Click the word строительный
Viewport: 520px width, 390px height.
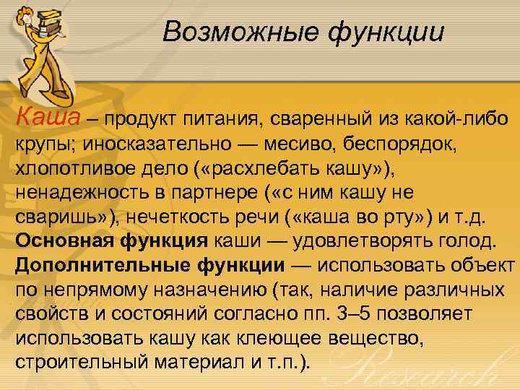click(x=82, y=363)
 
